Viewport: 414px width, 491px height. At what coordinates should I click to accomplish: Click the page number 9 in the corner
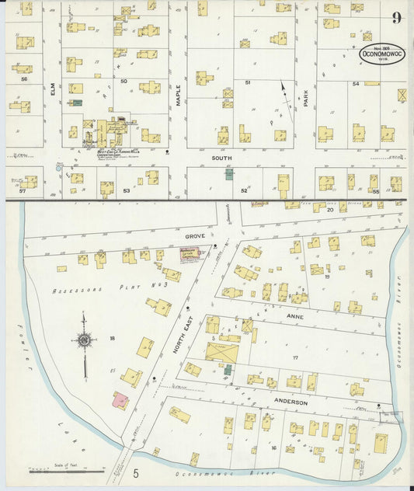397,18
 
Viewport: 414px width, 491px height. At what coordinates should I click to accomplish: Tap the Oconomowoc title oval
381,57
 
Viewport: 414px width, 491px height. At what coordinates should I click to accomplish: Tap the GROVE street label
193,233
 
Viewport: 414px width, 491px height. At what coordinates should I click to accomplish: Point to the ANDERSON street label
291,402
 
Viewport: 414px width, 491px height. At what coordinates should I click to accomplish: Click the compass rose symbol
84,339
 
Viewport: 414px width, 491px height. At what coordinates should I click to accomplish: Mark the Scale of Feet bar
66,470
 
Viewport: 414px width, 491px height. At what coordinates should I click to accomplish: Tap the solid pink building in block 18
120,401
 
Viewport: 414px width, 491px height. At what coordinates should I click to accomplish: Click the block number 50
123,81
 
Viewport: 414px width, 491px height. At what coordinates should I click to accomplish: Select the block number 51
248,82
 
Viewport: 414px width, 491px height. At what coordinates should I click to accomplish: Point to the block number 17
294,357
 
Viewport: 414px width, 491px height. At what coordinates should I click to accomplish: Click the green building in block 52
229,174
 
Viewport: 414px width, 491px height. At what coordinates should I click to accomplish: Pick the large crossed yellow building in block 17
223,352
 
